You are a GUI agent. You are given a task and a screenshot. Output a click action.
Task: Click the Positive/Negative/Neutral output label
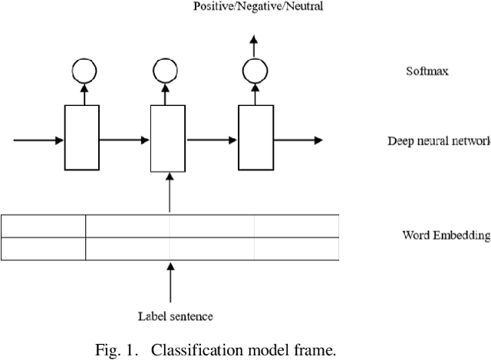coord(258,7)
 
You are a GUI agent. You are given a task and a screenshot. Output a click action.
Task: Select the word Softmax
coord(427,71)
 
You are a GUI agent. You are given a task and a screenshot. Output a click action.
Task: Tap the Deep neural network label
coord(438,141)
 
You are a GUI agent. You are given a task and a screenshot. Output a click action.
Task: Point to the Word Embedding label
coord(445,235)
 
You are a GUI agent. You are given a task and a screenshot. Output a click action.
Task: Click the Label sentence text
coord(175,315)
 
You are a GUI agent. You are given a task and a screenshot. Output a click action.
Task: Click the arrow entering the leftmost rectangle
coord(38,140)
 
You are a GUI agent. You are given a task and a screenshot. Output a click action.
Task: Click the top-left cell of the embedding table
coord(43,226)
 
